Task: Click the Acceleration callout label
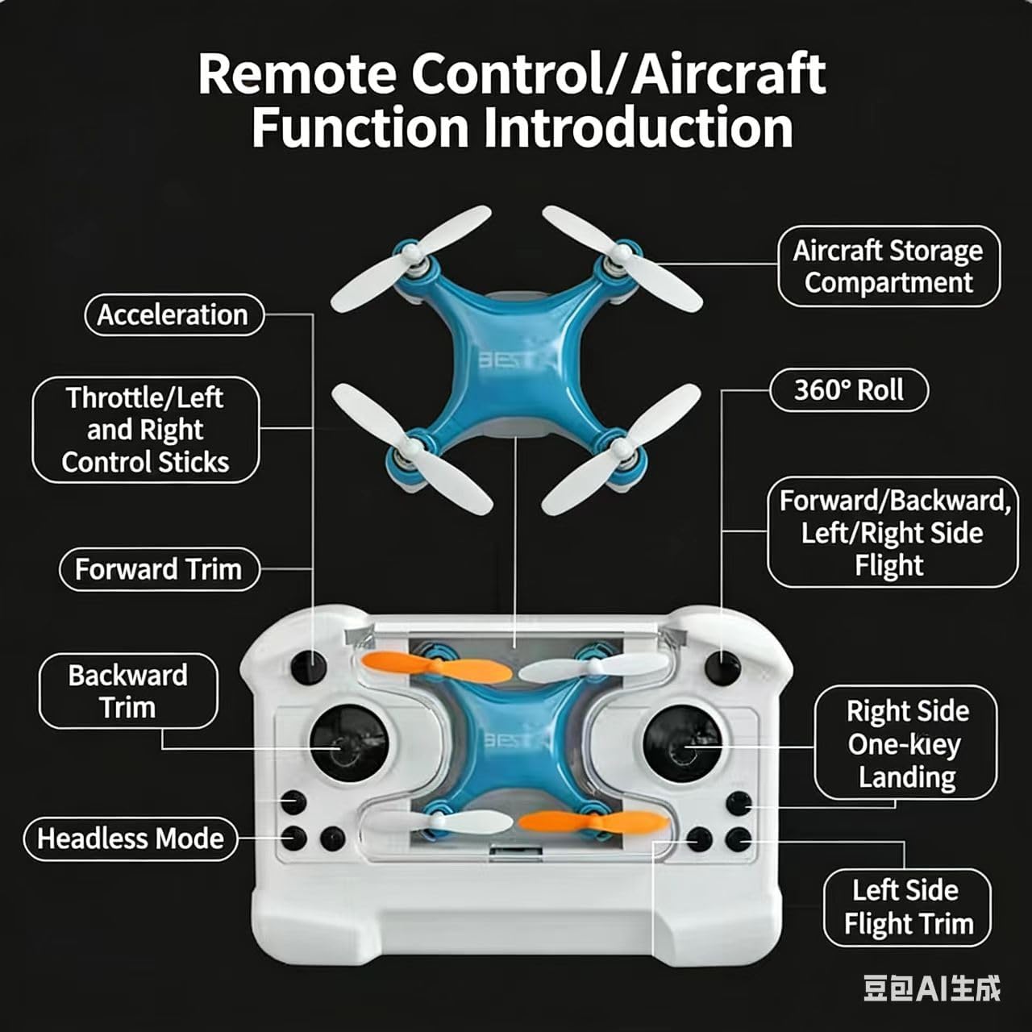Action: (174, 314)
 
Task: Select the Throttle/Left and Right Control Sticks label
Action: (146, 430)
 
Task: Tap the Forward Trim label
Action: (159, 569)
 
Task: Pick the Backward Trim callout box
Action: (128, 691)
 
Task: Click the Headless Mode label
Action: (131, 838)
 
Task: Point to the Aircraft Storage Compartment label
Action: (888, 266)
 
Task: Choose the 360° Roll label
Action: (849, 390)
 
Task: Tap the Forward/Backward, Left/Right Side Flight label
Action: (893, 532)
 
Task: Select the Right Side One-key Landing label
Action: (906, 743)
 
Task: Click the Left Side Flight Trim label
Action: (908, 907)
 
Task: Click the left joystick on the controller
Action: (348, 743)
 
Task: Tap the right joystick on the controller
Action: (682, 743)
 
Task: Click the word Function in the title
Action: (359, 127)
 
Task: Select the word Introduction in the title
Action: (638, 127)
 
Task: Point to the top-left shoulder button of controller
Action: (308, 668)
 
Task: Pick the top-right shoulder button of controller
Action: (722, 668)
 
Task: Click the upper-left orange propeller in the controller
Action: (435, 668)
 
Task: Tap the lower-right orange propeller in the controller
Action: (593, 822)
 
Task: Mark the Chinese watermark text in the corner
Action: (932, 988)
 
